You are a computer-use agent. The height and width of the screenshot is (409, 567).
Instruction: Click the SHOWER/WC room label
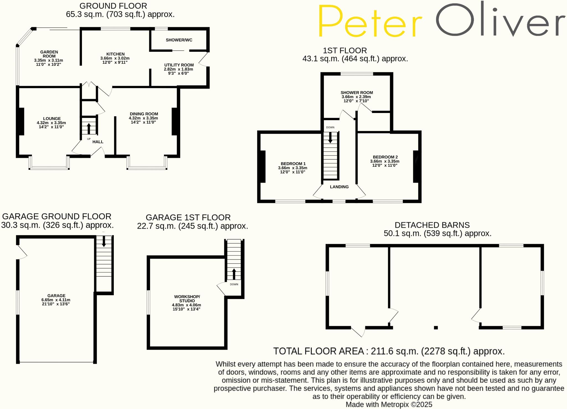179,40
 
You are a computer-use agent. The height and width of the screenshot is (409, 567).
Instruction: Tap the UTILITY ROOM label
179,65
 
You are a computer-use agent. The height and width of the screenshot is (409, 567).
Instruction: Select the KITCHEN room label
115,54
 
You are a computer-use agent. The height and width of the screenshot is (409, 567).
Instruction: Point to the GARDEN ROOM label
49,54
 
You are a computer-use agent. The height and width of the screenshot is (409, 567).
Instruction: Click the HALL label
98,142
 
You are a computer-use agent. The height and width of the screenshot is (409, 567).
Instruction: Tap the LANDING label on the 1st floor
339,187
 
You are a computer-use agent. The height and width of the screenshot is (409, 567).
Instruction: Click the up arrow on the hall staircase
89,128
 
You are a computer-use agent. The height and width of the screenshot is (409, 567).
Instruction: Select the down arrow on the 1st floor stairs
330,138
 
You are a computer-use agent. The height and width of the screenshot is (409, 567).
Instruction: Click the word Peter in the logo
370,21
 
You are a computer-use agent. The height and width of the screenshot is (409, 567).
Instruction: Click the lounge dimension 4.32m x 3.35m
51,123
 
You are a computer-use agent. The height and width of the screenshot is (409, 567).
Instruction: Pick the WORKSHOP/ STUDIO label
187,299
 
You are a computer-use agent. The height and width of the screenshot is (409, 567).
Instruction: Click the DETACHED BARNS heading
432,225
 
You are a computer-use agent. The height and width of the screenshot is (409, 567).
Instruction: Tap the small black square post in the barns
436,328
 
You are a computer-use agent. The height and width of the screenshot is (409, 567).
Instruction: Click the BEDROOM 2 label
385,157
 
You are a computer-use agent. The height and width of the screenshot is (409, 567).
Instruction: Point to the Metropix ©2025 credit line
389,405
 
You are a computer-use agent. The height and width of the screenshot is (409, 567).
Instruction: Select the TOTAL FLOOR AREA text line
389,351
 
